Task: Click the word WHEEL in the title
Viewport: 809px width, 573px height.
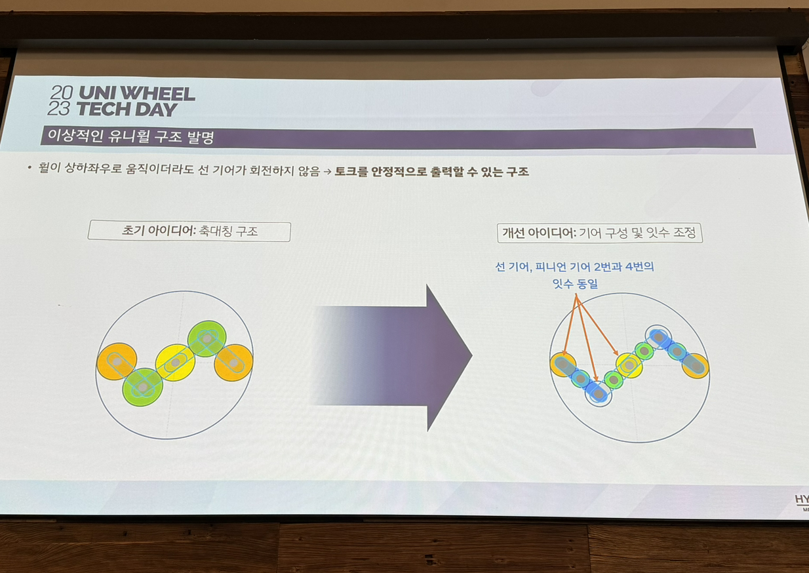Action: coord(159,94)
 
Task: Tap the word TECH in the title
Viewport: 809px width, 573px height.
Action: coord(103,109)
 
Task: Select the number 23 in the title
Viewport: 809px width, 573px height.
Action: coord(58,109)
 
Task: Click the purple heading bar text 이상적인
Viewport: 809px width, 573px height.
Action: coord(75,136)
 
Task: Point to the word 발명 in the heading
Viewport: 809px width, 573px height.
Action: coord(201,138)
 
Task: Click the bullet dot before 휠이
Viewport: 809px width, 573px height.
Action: coord(30,167)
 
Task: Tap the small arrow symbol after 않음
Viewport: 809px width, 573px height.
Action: coord(327,172)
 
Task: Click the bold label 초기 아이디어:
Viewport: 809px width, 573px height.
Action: coord(159,231)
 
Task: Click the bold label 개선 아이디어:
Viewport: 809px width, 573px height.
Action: coord(540,233)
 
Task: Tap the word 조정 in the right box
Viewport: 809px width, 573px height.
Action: coord(684,233)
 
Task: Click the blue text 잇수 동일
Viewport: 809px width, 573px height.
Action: coord(576,284)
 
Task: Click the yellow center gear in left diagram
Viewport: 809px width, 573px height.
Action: coord(175,363)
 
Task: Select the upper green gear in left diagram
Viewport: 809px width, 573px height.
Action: coord(207,339)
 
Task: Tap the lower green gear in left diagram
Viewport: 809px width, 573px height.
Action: coord(143,387)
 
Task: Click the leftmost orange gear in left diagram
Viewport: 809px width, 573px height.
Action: coord(117,361)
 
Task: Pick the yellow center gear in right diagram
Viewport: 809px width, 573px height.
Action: coord(629,365)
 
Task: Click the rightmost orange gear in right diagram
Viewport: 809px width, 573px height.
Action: coord(696,366)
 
